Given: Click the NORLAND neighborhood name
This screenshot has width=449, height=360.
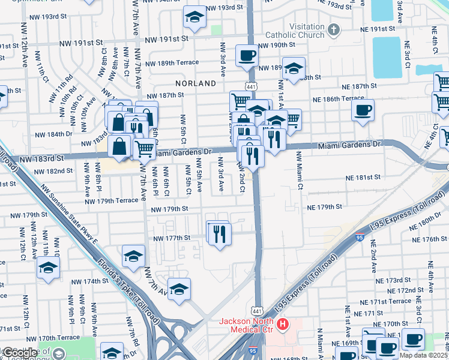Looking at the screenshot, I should coord(195,83).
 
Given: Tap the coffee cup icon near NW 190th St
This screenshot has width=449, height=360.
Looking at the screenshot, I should coord(247,56).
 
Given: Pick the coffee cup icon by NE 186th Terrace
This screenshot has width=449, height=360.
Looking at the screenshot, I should coord(363,110).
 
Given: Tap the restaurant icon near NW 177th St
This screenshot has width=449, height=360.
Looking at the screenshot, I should coord(220,233).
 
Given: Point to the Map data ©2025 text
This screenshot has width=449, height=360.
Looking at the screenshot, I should coord(424,355).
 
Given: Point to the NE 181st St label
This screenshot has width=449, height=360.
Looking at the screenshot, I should coord(363,178).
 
